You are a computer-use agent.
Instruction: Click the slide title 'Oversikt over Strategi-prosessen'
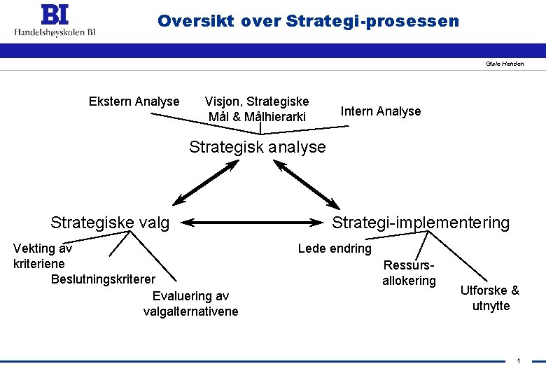point(308,21)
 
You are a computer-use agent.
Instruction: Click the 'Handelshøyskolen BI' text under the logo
point(55,31)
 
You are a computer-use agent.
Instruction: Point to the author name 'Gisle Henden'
point(505,64)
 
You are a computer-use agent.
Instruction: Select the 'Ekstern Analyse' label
point(134,101)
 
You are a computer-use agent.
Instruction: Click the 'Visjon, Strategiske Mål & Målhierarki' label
point(257,109)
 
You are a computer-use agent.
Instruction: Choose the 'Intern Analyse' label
point(380,111)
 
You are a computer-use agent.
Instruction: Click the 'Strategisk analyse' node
point(258,147)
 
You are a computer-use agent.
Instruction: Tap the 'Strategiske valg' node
point(110,223)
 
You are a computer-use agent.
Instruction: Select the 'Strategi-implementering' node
point(421,223)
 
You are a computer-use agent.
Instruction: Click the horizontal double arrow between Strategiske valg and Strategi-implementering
point(255,223)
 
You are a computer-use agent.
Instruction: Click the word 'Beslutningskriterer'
point(103,280)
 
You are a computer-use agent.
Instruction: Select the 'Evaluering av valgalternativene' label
point(190,304)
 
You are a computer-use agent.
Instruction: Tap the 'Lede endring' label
point(335,248)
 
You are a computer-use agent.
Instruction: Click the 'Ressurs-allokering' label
point(409,273)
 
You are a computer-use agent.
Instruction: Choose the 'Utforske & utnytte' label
point(490,298)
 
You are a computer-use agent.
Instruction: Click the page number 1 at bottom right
point(518,360)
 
